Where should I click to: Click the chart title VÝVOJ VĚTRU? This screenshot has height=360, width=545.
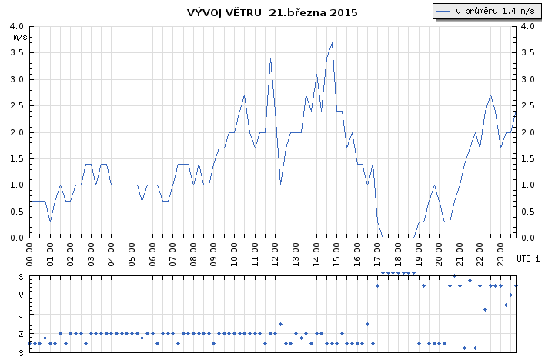point(224,12)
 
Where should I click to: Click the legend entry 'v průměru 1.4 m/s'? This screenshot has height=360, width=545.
point(487,11)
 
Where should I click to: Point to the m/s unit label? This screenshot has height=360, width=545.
point(20,37)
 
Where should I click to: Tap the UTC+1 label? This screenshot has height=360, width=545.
point(528,258)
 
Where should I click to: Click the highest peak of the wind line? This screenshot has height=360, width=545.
point(332,43)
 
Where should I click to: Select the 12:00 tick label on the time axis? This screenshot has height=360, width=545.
point(276,255)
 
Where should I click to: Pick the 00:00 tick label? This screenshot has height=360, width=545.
point(29,255)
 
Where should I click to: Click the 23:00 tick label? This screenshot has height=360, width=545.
point(500,255)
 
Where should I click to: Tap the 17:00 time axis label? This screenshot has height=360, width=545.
point(378,255)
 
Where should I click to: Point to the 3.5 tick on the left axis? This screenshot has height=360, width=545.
point(17,53)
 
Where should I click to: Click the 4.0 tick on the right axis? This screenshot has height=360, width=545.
point(528,26)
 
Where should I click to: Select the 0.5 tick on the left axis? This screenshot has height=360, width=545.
point(17,212)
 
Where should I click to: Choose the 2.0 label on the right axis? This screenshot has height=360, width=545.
point(528,132)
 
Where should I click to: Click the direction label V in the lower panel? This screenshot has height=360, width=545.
point(22,295)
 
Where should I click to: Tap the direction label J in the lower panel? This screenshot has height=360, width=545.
point(22,315)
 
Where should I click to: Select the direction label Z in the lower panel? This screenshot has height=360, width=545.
point(22,334)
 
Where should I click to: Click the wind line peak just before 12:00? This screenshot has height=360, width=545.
point(270,58)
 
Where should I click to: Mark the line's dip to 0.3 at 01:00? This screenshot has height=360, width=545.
point(50,222)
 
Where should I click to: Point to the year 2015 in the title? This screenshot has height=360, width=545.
point(343,12)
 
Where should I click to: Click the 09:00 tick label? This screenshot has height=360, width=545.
point(213,255)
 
